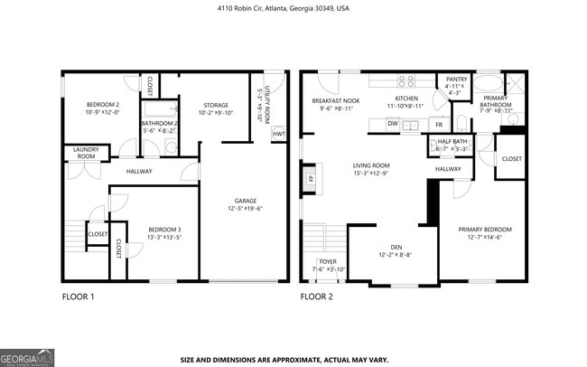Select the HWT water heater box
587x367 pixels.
pos(278,135)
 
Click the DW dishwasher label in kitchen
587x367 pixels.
pos(393,124)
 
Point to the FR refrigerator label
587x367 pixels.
pos(439,125)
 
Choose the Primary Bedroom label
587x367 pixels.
pos(483,233)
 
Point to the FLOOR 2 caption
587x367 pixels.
pos(316,296)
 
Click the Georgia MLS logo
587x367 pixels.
pos(27,355)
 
